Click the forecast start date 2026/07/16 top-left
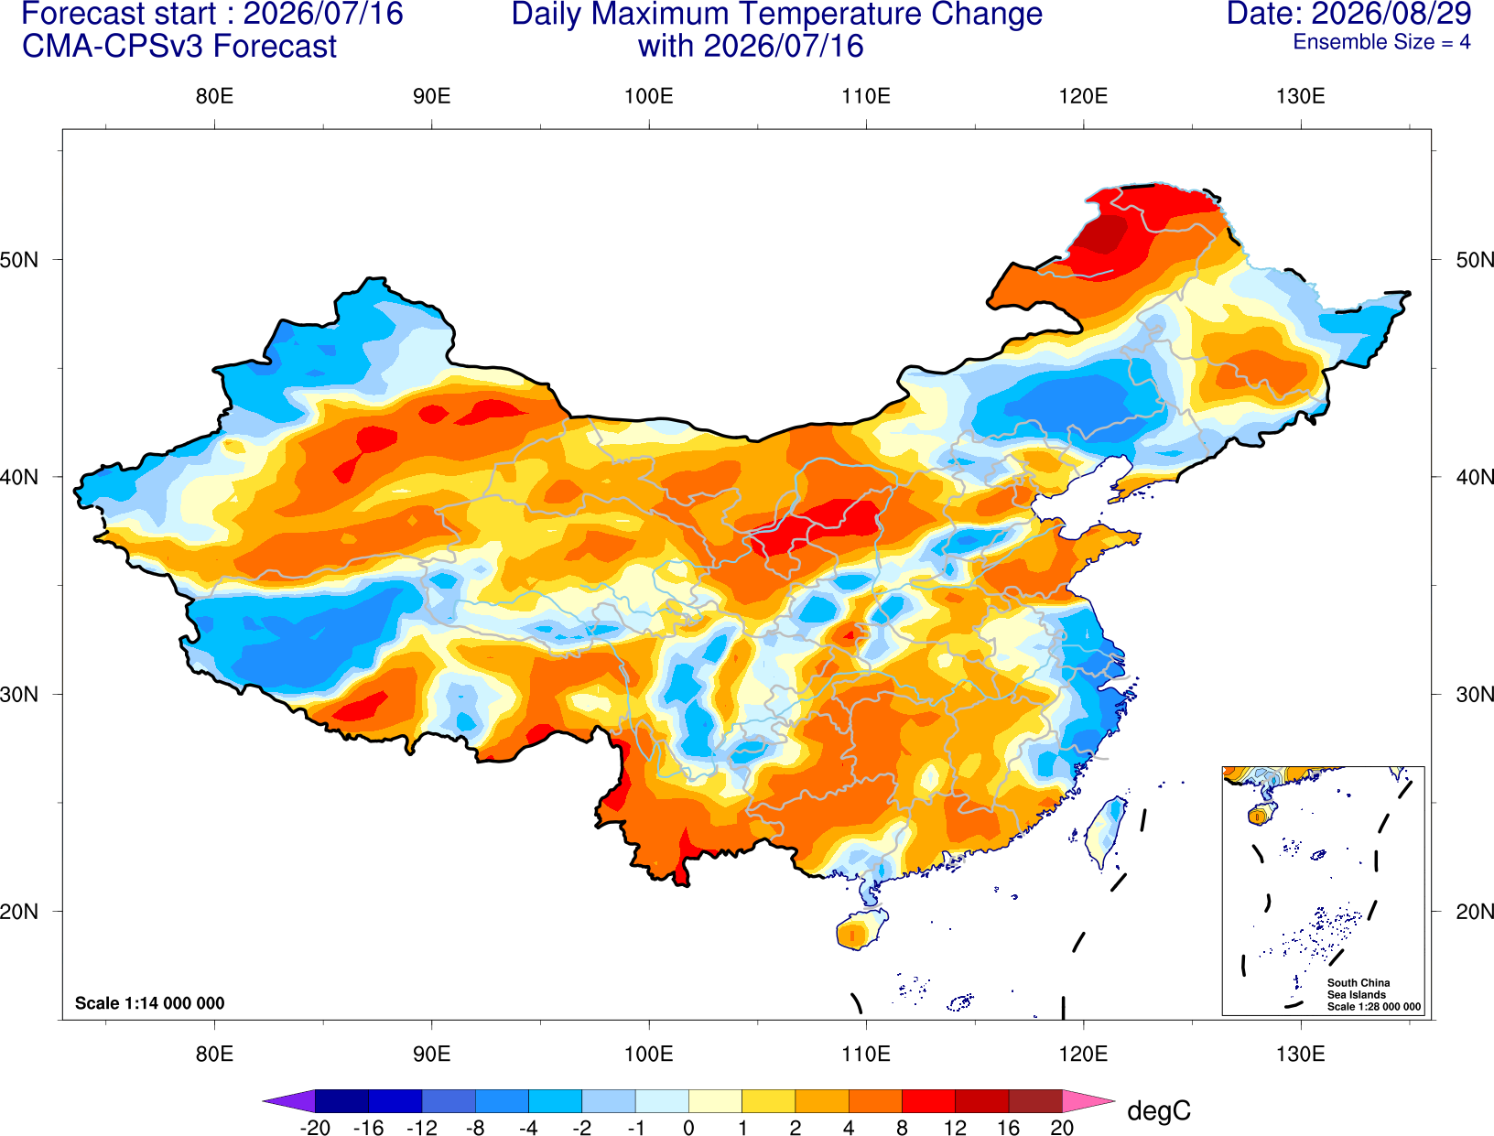tap(323, 14)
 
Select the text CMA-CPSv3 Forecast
tap(179, 47)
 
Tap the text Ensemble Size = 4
tap(1381, 42)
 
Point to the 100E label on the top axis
tap(649, 96)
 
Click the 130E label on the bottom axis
tap(1301, 1055)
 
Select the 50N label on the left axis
tap(19, 259)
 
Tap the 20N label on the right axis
tap(1475, 912)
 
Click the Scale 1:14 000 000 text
tap(150, 1002)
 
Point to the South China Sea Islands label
tap(1359, 989)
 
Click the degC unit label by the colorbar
tap(1159, 1110)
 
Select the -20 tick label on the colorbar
tap(315, 1128)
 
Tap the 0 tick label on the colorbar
tap(688, 1128)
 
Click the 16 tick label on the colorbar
tap(1009, 1128)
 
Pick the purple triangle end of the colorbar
tap(288, 1100)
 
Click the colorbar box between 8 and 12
tap(928, 1100)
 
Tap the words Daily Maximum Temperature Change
tap(776, 14)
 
